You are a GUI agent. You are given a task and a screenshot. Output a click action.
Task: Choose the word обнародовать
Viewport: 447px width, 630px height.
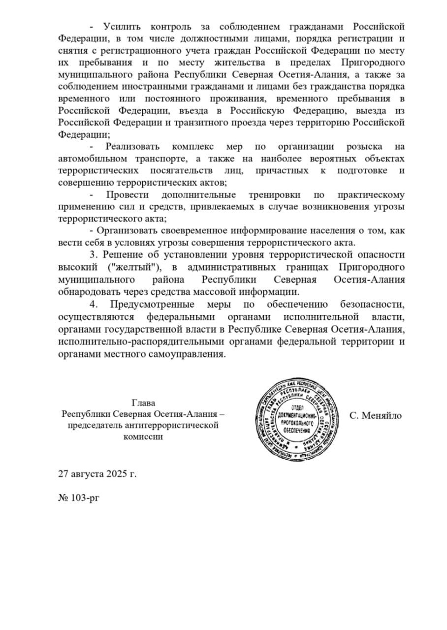coord(87,291)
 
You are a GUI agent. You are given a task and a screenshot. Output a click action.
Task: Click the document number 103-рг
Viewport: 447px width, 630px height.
coord(85,498)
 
